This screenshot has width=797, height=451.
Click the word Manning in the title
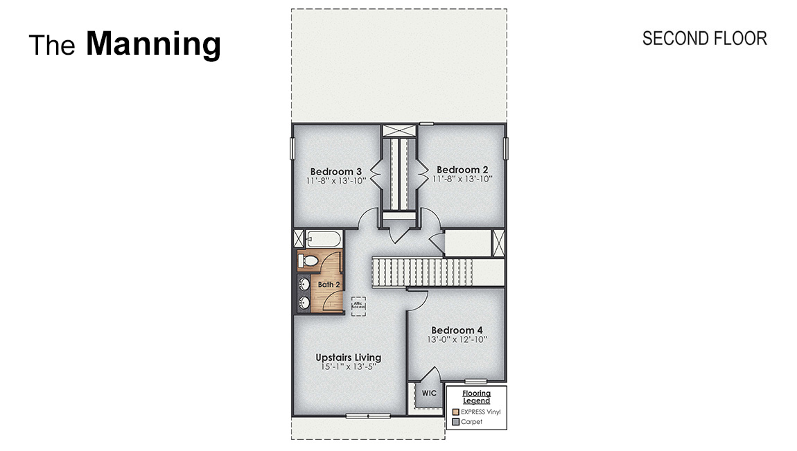(153, 44)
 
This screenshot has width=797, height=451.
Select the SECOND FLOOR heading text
(704, 39)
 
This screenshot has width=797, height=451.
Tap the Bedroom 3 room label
(336, 171)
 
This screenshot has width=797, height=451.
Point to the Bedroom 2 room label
(462, 170)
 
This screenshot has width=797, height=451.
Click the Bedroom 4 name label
(457, 330)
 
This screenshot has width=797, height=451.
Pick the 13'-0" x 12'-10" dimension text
(457, 340)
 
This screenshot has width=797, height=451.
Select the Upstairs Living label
(348, 357)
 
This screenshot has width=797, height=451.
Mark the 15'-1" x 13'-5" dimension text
(348, 367)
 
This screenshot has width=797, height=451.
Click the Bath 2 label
(329, 284)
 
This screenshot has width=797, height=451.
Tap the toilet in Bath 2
(309, 261)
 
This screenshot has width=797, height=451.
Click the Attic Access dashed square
(358, 305)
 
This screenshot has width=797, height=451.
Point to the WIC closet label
(428, 393)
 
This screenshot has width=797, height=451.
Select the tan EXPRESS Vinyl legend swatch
(455, 412)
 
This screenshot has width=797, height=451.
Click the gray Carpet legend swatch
(455, 422)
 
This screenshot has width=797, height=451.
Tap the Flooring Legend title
(476, 397)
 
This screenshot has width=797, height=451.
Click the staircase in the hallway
(423, 271)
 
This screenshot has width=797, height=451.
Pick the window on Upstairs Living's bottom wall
(367, 416)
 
